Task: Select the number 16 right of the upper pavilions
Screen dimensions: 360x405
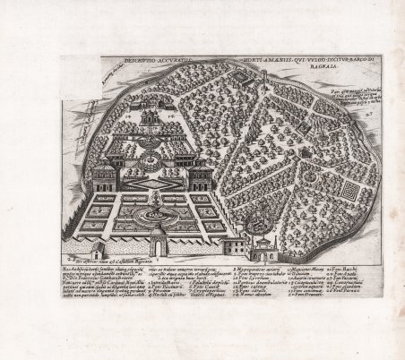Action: (167, 116)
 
